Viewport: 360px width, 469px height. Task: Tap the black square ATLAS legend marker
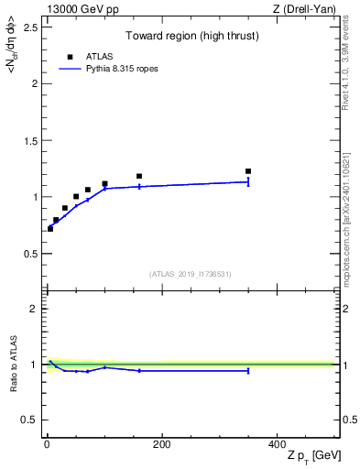click(70, 55)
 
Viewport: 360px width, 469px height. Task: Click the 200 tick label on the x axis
click(161, 444)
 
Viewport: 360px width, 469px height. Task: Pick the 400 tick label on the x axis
click(277, 444)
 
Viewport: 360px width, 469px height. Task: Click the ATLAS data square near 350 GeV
click(248, 171)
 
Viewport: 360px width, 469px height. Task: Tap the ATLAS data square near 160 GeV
click(139, 176)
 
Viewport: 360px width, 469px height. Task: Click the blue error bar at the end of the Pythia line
click(248, 182)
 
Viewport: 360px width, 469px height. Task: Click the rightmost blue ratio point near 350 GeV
click(248, 371)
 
